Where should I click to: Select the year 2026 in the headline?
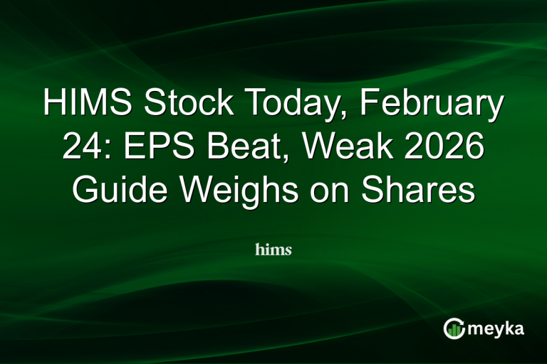point(446,149)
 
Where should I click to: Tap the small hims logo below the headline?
point(273,250)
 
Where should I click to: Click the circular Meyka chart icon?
point(454,328)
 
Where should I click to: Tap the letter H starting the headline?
point(54,105)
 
